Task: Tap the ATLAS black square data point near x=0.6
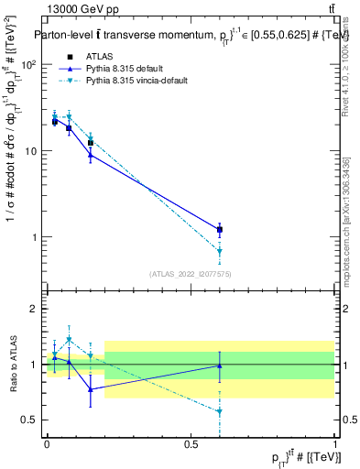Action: point(220,230)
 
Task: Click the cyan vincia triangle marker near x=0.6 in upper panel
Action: point(220,251)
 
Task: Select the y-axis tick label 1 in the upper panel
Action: point(36,237)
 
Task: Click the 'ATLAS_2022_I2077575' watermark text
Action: point(191,273)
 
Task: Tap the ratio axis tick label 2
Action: point(36,309)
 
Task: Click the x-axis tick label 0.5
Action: point(191,443)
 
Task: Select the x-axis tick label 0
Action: point(47,443)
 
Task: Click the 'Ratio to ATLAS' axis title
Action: point(12,364)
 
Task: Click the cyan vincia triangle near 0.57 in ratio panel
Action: point(220,412)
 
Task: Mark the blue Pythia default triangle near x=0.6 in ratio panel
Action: point(220,365)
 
